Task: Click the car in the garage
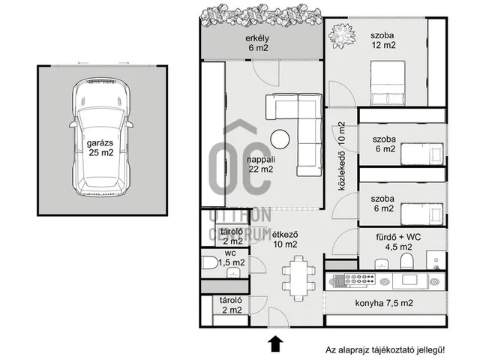[x=101, y=136]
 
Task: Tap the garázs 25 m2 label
[x=100, y=148]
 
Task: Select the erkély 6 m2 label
[x=257, y=43]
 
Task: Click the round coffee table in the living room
[x=280, y=139]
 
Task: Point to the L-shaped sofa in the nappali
[x=309, y=135]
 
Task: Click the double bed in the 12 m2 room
[x=388, y=83]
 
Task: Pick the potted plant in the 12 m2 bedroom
[x=342, y=35]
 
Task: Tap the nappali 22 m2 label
[x=261, y=164]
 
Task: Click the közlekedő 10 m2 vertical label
[x=342, y=156]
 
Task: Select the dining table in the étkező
[x=298, y=278]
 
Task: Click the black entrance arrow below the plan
[x=275, y=343]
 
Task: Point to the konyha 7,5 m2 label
[x=384, y=303]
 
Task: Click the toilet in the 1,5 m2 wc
[x=210, y=262]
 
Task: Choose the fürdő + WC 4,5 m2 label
[x=398, y=241]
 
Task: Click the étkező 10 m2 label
[x=285, y=239]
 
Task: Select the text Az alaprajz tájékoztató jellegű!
[x=385, y=349]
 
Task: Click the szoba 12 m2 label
[x=383, y=40]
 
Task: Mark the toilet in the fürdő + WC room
[x=406, y=261]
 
